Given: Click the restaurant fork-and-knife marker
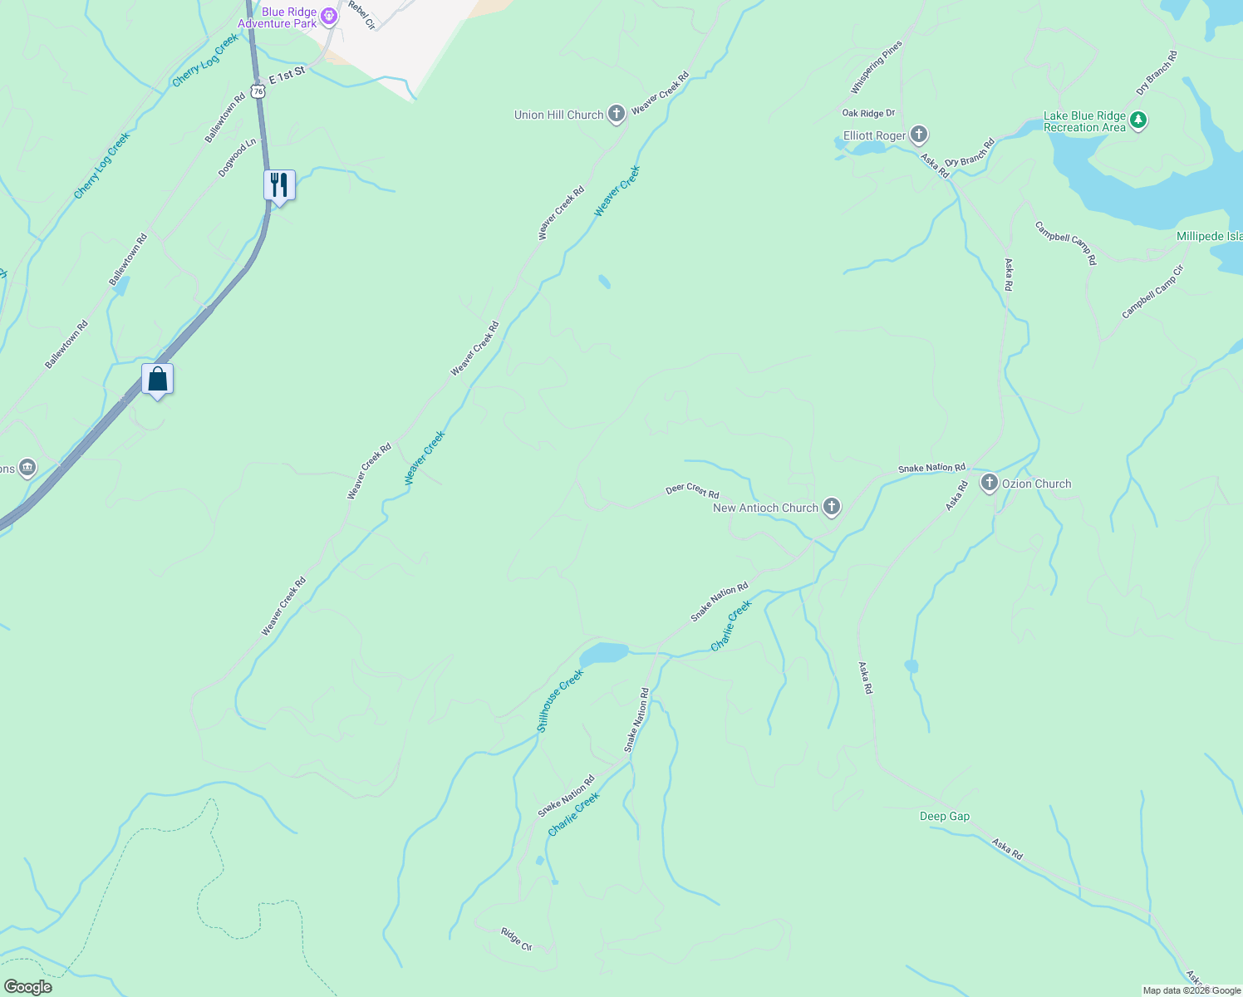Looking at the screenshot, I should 279,184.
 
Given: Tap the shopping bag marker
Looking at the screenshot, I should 158,379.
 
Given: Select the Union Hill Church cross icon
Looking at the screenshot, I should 616,114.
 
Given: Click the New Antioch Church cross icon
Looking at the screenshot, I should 831,507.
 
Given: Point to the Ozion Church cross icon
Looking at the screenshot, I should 989,483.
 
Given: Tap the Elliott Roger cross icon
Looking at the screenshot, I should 918,135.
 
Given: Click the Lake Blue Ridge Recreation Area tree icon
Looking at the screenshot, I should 1138,121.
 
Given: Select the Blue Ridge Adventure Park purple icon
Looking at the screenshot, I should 329,16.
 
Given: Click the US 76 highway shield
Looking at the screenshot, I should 259,91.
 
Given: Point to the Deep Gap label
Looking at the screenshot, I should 945,816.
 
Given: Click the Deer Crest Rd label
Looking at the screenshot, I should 692,491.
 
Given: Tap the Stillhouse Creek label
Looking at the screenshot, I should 560,700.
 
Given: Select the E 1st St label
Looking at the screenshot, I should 287,74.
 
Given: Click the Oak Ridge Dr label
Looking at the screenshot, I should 868,113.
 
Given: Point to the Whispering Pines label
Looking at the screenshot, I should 876,67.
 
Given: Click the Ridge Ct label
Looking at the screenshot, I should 516,939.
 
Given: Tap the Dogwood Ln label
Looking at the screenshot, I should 232,158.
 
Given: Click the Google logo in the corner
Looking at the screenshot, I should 27,987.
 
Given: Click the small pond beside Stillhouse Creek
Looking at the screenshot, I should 604,653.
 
